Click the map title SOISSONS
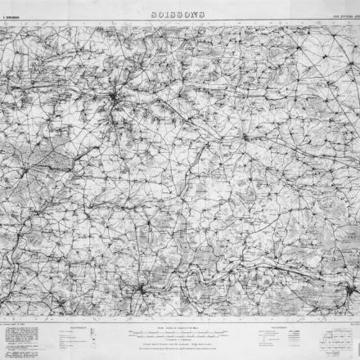(x=178, y=14)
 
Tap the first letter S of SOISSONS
(x=155, y=14)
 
